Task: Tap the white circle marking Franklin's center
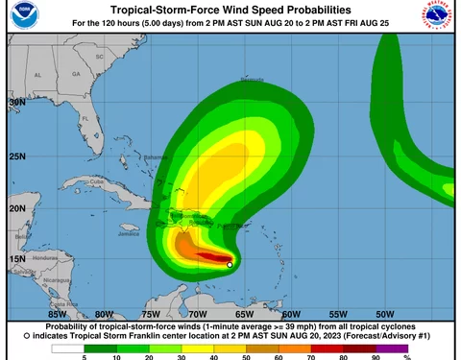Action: click(x=230, y=264)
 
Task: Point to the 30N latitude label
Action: click(x=17, y=101)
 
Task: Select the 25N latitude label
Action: click(x=17, y=155)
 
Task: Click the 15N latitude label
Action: click(x=17, y=259)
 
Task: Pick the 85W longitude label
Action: click(x=58, y=313)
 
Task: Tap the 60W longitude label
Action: click(x=292, y=313)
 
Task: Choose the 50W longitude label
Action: click(x=385, y=313)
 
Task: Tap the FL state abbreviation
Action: click(x=85, y=118)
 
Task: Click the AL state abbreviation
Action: click(x=39, y=74)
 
